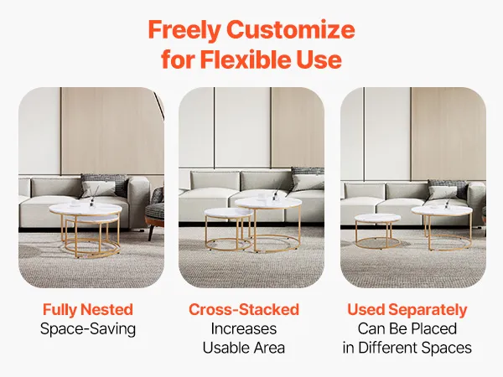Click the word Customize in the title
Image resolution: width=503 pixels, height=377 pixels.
[x=291, y=30]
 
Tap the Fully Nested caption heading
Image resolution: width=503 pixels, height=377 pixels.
[x=87, y=310]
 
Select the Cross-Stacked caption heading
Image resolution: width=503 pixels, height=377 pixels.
[x=244, y=310]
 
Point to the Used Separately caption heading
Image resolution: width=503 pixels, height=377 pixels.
[x=407, y=310]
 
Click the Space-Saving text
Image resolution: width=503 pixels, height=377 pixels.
[x=88, y=329]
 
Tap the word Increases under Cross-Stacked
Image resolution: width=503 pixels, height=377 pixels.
[x=244, y=329]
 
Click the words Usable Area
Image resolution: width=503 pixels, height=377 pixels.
[x=244, y=348]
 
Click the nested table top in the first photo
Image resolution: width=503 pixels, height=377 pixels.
[x=86, y=209]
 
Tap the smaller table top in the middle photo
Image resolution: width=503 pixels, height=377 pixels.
[x=226, y=213]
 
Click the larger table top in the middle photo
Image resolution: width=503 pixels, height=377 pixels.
[x=268, y=203]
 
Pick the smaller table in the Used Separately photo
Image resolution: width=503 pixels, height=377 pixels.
[x=377, y=231]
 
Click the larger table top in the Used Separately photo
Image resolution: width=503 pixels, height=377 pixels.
[x=442, y=210]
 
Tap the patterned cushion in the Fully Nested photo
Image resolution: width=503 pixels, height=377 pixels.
[x=104, y=185]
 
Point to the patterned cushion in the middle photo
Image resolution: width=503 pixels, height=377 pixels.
[x=308, y=178]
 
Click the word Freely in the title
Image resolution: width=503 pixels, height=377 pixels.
[x=184, y=30]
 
